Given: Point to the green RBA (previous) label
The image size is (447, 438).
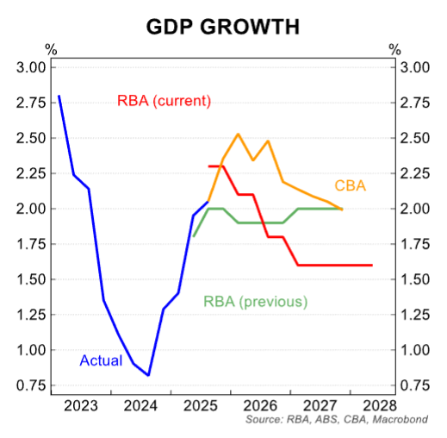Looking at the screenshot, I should point(255,302).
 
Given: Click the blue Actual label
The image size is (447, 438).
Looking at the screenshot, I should point(101,360).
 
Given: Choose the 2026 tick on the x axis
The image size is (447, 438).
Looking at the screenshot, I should point(259,404).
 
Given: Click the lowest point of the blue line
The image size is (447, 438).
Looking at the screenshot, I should point(148,375).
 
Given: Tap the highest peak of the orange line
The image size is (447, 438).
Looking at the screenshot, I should point(238,134).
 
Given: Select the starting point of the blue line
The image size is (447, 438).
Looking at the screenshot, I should point(59,96).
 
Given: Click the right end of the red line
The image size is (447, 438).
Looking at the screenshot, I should point(372,265).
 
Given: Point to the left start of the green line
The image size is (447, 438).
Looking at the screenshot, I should point(194,236).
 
